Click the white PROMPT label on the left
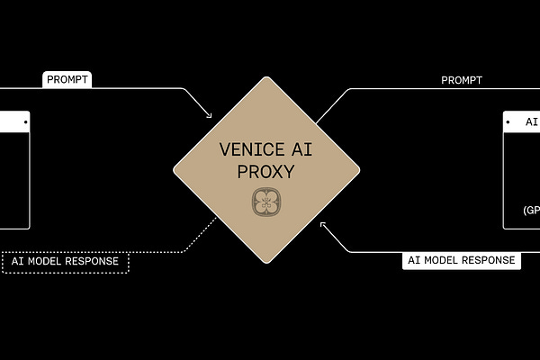coord(67,80)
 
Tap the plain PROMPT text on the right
coord(462,80)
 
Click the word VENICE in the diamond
coord(246,149)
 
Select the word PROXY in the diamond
coord(266,171)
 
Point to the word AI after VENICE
coord(300,149)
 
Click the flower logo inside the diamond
coord(266,202)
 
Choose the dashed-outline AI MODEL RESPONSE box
coord(66,262)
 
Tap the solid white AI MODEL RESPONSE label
coord(461,260)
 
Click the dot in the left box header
coord(26,121)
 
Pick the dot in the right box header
coord(509,121)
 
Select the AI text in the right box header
coord(532,121)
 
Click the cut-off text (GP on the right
coord(531,211)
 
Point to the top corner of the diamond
coord(266,76)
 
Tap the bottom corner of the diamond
coord(266,263)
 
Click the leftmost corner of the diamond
coord(174,169)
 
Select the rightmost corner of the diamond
coord(359,169)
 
